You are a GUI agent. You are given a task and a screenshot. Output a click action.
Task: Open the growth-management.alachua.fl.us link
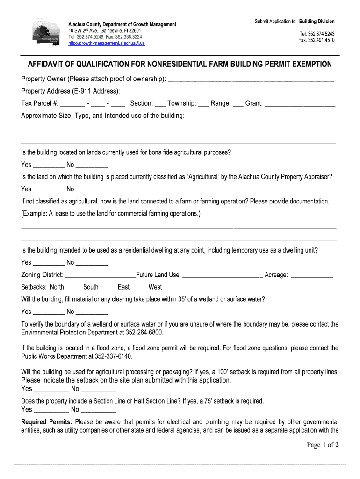[107, 43]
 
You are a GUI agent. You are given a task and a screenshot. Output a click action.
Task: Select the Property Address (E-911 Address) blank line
[228, 92]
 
